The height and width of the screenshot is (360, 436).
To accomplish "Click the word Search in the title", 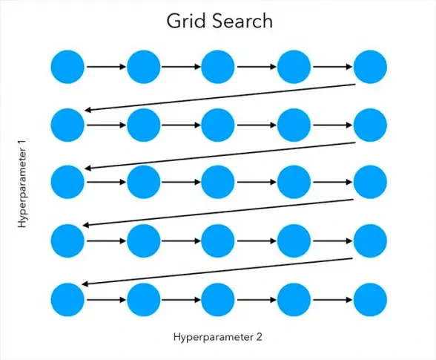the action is point(242,21).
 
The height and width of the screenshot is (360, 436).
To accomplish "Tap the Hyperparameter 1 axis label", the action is point(22,184).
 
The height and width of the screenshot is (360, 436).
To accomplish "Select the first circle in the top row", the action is point(67,67).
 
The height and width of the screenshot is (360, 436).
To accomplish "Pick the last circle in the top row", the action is point(370,67).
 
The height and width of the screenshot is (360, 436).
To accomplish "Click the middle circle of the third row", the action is point(218,182).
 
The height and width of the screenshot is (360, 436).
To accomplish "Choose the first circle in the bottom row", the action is point(67,300).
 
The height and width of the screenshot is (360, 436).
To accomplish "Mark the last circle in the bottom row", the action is point(370,300).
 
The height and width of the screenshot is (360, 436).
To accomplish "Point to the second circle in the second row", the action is point(144,125).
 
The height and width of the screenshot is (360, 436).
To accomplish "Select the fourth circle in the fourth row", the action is point(294,240).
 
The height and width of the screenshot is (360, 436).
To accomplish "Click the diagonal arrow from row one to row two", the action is point(220,97).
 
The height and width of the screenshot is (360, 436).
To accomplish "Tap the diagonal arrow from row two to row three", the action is point(220,156).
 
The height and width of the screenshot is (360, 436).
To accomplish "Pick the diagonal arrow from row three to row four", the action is point(218,213).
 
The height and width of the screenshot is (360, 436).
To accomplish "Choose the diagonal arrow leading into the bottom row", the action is point(217,272).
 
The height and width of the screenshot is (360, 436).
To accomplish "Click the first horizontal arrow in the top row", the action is point(106,67).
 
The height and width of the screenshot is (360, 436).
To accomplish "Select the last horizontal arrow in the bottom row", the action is point(333,300).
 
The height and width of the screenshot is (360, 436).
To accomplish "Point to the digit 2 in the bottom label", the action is point(259,337).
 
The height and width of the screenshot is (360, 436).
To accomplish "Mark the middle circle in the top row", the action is point(218,67).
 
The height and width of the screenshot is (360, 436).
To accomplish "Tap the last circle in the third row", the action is point(370,182).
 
